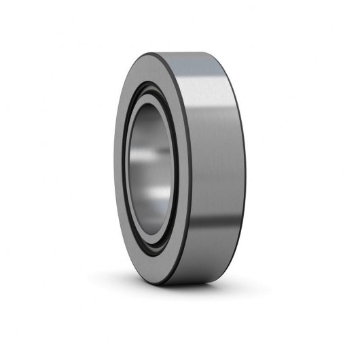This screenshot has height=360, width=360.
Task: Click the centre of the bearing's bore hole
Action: [151, 175]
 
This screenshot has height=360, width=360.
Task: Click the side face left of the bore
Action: [120, 175]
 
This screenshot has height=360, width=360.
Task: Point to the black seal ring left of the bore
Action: [128, 175]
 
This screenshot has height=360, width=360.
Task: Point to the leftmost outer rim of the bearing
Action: [113, 175]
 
